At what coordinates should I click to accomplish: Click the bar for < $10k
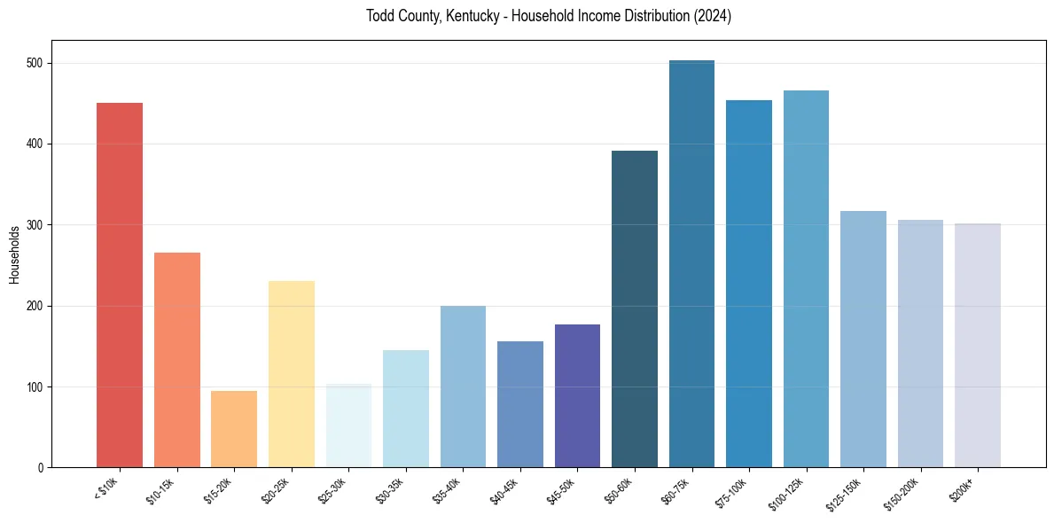click(x=120, y=285)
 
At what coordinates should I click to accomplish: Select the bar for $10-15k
click(x=177, y=360)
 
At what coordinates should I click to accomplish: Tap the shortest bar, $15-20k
click(x=234, y=429)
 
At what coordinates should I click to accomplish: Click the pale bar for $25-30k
click(x=348, y=425)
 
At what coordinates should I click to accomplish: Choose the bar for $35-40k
click(x=463, y=386)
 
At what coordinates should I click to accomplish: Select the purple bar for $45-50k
click(x=577, y=395)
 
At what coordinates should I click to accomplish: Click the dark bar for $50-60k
click(x=635, y=309)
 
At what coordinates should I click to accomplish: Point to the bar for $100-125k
click(x=806, y=279)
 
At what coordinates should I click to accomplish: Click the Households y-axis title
click(x=14, y=254)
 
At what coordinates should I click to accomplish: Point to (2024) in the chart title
click(x=713, y=16)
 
